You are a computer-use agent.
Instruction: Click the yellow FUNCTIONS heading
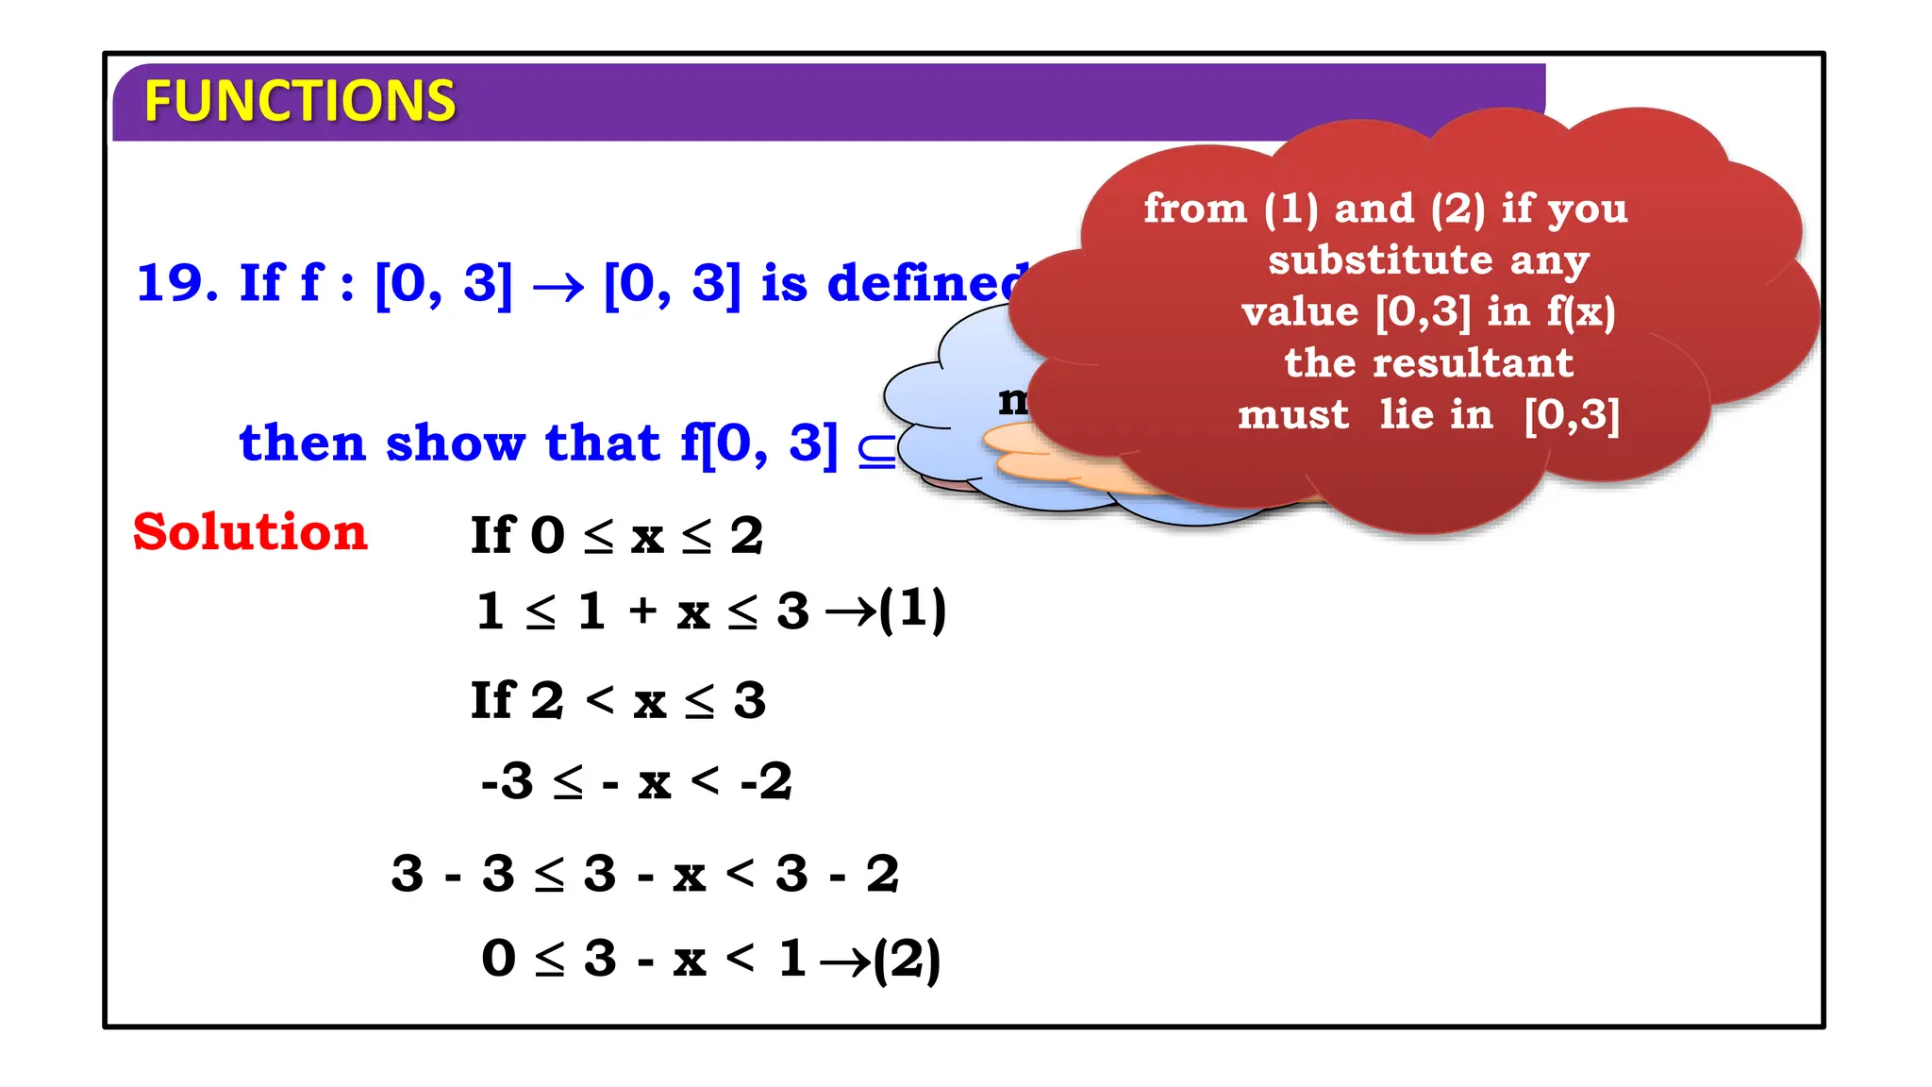pos(299,102)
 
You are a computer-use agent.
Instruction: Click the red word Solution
pos(250,532)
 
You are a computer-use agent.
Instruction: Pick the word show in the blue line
pos(455,443)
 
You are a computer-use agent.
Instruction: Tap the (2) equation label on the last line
pos(907,961)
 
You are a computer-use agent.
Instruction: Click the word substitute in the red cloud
pos(1380,260)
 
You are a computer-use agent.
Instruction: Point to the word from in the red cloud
pos(1195,209)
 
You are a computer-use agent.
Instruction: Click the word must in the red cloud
pos(1292,415)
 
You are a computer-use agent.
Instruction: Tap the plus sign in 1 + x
pos(642,610)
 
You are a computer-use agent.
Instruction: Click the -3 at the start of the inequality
pos(508,781)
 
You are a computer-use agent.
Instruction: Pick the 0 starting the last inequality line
pos(499,959)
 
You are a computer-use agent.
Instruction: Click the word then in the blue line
pos(302,443)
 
